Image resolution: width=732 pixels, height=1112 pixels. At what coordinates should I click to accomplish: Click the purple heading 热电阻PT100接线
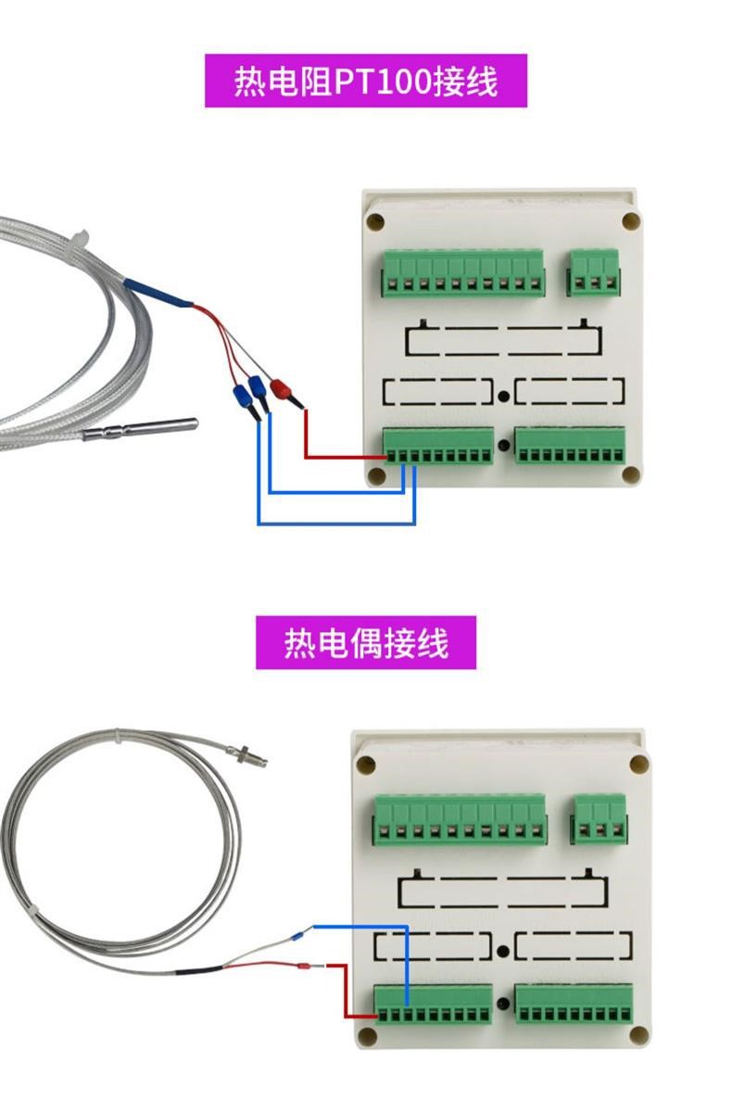coord(365,81)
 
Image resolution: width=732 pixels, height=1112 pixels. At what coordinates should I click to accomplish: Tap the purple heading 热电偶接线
coord(365,642)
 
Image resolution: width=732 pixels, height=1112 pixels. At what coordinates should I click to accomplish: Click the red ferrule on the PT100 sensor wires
coord(278,386)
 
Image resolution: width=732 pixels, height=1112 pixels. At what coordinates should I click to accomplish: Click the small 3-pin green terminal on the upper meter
coord(593,271)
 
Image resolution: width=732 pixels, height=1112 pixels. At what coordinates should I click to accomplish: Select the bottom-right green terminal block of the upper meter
coord(570,444)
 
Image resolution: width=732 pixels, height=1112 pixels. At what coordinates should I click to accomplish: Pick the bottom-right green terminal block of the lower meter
coord(574,1005)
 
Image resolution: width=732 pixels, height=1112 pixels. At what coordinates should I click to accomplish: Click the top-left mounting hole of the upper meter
coord(376,222)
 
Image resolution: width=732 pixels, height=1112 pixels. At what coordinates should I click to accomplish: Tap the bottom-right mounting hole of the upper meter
coord(630,474)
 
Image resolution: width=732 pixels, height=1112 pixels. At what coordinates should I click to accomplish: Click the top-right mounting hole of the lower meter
coord(638,764)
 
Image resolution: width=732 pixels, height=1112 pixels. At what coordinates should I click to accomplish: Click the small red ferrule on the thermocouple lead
coord(300,968)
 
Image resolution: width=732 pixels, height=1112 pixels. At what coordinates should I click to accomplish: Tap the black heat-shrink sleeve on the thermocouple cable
coord(199,970)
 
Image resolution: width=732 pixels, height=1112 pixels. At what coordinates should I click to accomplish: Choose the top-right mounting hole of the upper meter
coord(630,222)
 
